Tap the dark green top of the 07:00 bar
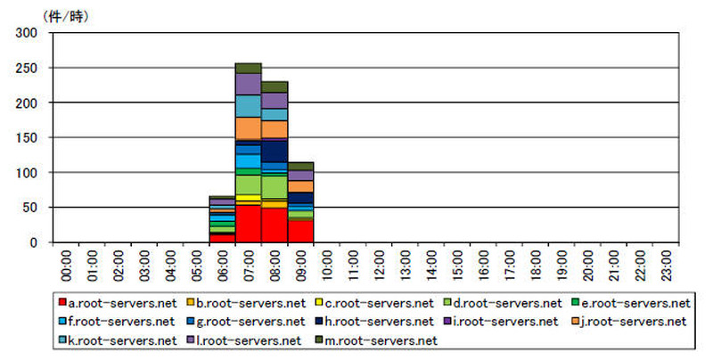[x=248, y=68]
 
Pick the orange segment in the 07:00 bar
[x=248, y=127]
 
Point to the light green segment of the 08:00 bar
[x=274, y=186]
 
